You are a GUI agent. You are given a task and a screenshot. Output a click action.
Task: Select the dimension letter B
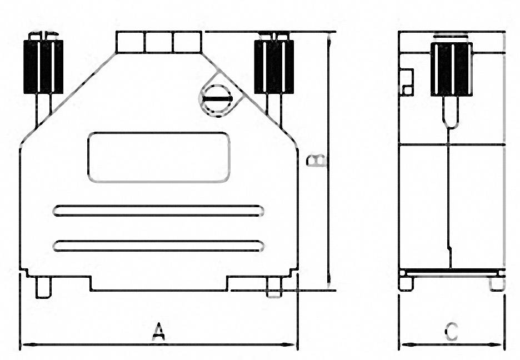point(317,161)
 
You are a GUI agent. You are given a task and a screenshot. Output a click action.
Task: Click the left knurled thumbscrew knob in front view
point(43,66)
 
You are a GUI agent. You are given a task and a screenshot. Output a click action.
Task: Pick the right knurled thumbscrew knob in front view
point(274,66)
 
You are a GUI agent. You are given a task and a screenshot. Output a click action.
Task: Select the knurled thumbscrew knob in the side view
point(452,69)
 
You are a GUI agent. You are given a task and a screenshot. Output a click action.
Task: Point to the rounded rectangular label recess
point(158,157)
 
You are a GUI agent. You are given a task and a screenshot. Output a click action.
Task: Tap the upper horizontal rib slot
point(158,211)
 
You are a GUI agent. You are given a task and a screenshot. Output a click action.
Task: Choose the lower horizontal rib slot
point(158,246)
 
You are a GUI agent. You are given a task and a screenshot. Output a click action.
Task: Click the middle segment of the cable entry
point(158,42)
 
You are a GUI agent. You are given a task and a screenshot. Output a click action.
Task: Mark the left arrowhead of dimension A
point(24,345)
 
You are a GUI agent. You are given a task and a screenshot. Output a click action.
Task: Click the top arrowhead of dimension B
point(329,37)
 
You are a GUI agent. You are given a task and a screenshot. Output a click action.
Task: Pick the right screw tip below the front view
point(274,287)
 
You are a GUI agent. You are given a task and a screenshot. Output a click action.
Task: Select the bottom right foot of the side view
point(497,283)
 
